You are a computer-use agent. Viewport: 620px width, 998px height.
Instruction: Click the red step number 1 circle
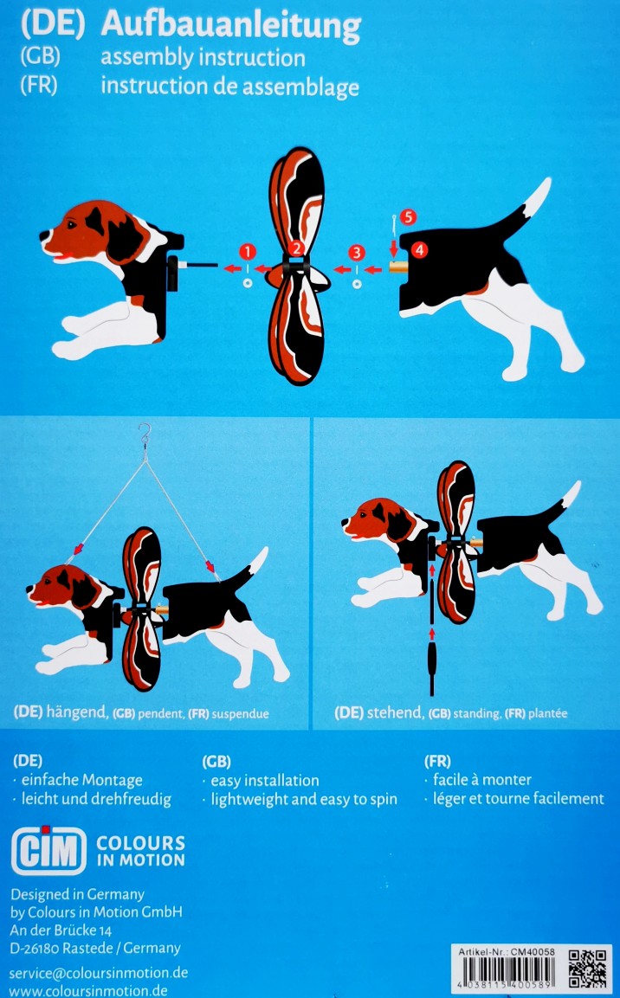tap(247, 251)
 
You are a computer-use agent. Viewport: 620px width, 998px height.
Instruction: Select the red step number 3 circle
tap(357, 252)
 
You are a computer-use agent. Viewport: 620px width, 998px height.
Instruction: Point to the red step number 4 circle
tap(419, 249)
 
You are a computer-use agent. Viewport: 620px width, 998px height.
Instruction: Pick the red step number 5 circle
tap(407, 217)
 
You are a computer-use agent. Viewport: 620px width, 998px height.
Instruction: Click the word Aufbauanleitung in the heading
tap(230, 26)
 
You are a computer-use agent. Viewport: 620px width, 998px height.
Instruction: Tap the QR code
tap(587, 968)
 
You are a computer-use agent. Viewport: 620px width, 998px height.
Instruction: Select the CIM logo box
tap(48, 850)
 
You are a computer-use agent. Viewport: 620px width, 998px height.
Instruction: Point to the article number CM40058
tap(533, 951)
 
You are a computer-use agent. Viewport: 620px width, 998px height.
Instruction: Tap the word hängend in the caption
tap(76, 712)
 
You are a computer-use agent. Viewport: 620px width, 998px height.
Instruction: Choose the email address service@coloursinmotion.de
tap(99, 973)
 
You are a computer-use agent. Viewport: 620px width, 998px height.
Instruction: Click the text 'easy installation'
tap(265, 781)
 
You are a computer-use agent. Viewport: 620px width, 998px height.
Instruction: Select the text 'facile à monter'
tap(481, 780)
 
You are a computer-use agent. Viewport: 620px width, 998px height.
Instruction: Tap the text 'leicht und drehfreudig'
tap(96, 799)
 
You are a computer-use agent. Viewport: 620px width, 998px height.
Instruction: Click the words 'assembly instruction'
tap(203, 58)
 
